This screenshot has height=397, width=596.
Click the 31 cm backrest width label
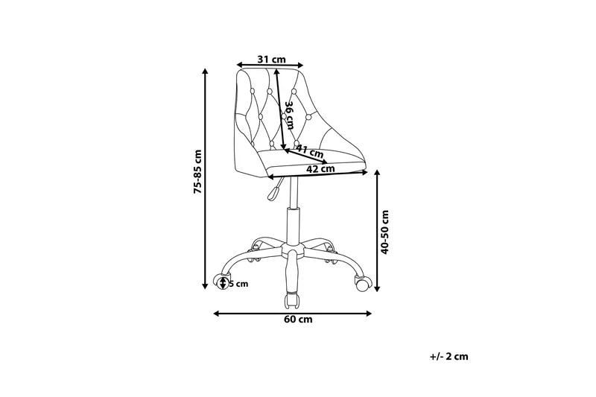pos(271,60)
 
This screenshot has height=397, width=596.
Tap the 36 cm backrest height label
pos(290,115)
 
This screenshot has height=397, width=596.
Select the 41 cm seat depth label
pos(310,151)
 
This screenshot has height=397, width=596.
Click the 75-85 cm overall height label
pos(197,172)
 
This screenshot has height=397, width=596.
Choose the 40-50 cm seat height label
pos(385,232)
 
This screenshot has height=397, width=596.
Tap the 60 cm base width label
pos(298,319)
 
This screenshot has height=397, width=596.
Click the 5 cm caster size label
pos(238,284)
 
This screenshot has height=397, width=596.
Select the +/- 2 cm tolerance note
pos(449,356)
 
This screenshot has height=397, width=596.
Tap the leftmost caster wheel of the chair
pos(220,282)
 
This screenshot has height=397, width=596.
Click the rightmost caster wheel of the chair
pos(363,283)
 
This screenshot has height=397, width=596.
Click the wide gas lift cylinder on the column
pos(292,226)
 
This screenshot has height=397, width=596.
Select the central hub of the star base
pos(292,250)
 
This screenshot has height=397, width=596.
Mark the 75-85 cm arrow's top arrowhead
pos(206,71)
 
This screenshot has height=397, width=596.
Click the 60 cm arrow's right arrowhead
pos(368,314)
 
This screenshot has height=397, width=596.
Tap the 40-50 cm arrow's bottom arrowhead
pos(378,288)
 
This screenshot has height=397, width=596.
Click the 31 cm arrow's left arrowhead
pos(239,65)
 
